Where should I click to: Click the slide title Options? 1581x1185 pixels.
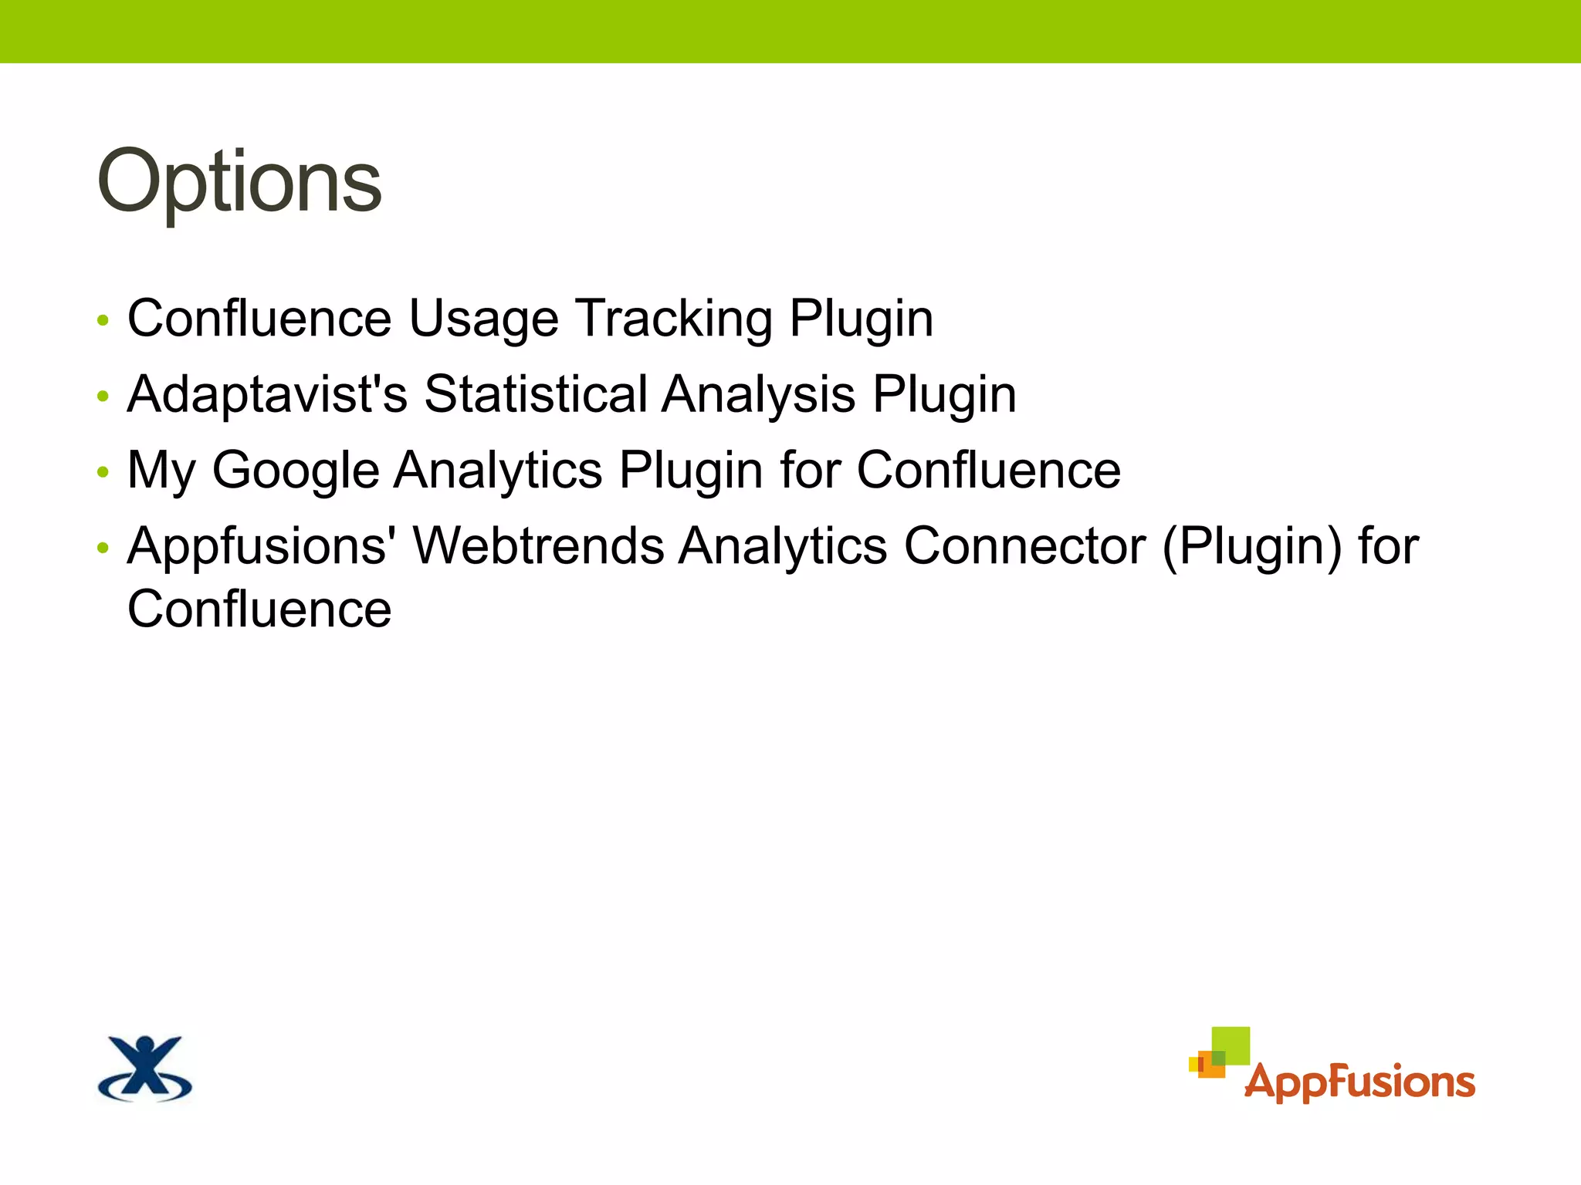(x=239, y=183)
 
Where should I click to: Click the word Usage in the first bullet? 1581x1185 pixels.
(x=483, y=319)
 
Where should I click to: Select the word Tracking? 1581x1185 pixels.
(x=674, y=319)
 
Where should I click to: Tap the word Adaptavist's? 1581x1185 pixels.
(x=267, y=394)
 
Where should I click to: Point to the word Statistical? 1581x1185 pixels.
(x=536, y=394)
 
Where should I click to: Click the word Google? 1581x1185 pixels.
(x=295, y=471)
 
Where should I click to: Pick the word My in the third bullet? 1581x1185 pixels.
(x=161, y=471)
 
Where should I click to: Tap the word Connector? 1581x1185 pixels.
(x=1024, y=546)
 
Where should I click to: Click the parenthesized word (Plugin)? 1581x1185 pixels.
(x=1251, y=546)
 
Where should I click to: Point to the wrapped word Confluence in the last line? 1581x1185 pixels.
(x=259, y=609)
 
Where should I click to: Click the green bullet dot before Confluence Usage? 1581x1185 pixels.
(x=103, y=321)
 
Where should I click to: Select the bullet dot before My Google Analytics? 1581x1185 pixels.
(x=103, y=472)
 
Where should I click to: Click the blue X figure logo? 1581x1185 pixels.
(x=145, y=1068)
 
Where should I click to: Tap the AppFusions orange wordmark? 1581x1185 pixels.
(x=1359, y=1082)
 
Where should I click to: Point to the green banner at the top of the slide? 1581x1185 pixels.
(x=790, y=31)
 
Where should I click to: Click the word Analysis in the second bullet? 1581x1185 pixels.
(x=758, y=394)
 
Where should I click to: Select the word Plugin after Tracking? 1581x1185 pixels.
(x=861, y=319)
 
